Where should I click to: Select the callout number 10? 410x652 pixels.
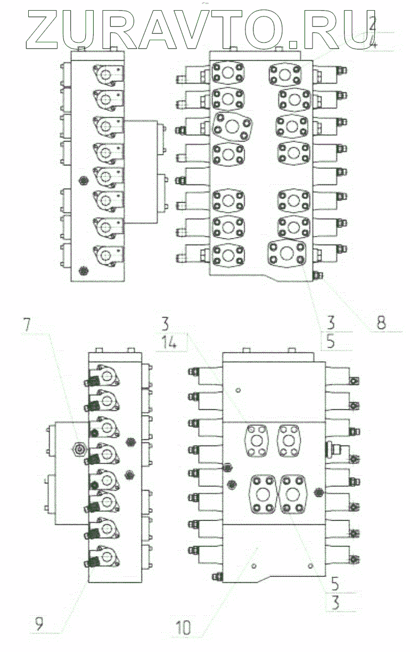pyautogui.click(x=183, y=628)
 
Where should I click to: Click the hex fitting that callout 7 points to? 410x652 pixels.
pyautogui.click(x=79, y=450)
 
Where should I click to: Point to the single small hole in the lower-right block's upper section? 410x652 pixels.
pyautogui.click(x=238, y=390)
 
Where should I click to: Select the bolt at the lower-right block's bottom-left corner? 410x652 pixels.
pyautogui.click(x=215, y=577)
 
